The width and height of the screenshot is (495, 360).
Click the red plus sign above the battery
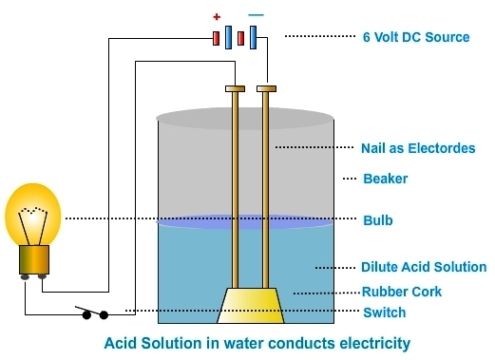(217, 17)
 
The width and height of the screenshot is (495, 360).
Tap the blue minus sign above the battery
(256, 15)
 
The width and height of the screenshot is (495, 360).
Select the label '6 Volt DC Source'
(416, 37)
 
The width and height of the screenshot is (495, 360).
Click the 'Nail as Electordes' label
(418, 148)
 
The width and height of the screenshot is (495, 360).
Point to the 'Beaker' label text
(386, 179)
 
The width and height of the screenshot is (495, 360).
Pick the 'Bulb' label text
(378, 220)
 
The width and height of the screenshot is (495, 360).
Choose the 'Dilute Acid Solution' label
(424, 267)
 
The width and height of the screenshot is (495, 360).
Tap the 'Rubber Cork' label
(402, 292)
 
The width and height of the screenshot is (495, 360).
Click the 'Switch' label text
(385, 313)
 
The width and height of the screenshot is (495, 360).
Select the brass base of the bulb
(34, 259)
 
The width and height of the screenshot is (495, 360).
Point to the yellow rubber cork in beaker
(251, 306)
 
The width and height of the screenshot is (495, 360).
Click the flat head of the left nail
(235, 88)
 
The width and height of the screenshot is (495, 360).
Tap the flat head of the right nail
(266, 88)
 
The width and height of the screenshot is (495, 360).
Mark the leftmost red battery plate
(217, 38)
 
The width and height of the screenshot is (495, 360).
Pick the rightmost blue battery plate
(253, 37)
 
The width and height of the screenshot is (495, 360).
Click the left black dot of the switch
(86, 315)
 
